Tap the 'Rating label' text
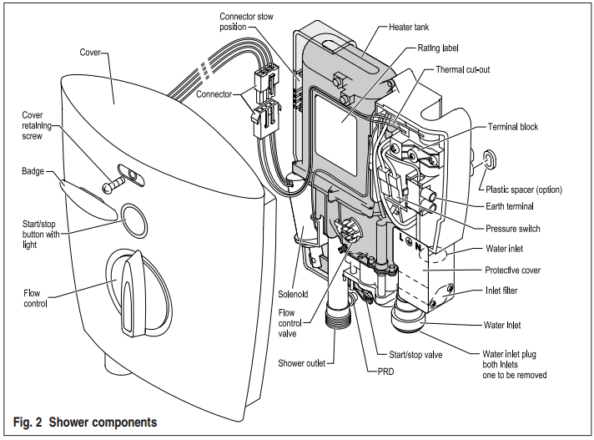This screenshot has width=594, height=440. [433, 48]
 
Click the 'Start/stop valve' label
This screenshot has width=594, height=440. [414, 355]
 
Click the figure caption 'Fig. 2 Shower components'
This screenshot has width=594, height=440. [85, 422]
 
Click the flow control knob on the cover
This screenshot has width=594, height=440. [129, 282]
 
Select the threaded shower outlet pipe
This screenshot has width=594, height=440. [337, 315]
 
